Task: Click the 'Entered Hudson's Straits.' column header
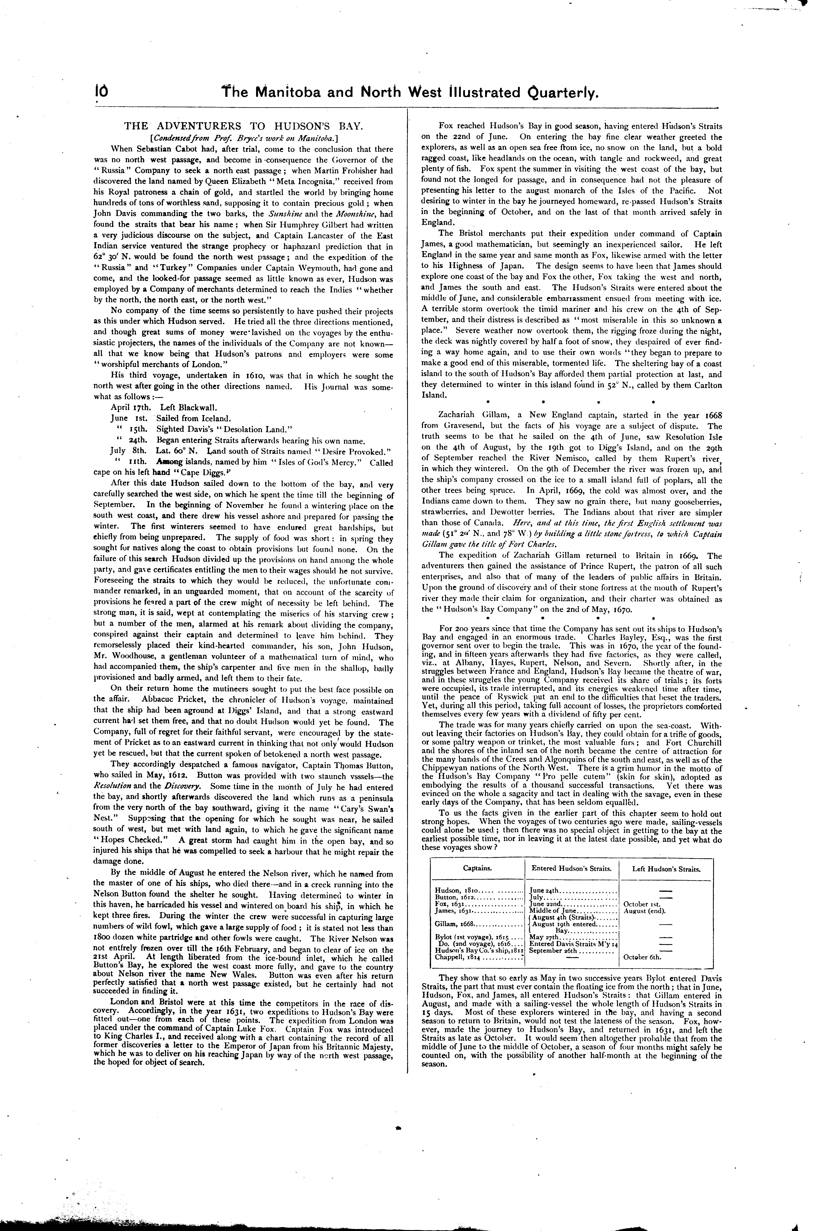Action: coord(571,869)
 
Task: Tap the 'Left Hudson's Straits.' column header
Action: coord(666,869)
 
